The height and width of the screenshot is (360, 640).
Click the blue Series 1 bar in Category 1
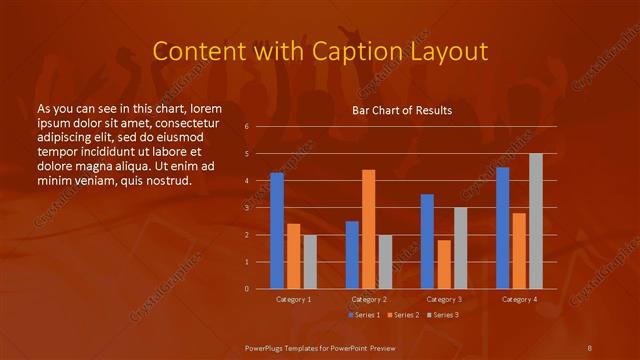coord(277,231)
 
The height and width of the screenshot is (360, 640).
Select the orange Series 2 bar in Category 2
coord(368,229)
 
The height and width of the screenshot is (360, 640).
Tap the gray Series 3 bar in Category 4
coord(535,221)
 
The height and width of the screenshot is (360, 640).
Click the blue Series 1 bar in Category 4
coord(502,228)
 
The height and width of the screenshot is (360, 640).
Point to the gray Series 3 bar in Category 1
coord(310,262)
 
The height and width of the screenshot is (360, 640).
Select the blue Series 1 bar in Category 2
coord(352,255)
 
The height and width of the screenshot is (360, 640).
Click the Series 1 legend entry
coord(365,315)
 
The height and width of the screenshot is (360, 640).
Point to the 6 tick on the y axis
coord(246,127)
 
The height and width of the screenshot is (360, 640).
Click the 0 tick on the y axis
coord(246,289)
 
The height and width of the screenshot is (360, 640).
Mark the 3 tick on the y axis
coord(246,208)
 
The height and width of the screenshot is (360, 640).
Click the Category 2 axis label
coord(368,299)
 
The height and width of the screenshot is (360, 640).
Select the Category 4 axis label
coord(518,299)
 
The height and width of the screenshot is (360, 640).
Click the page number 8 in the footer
coord(589,347)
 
